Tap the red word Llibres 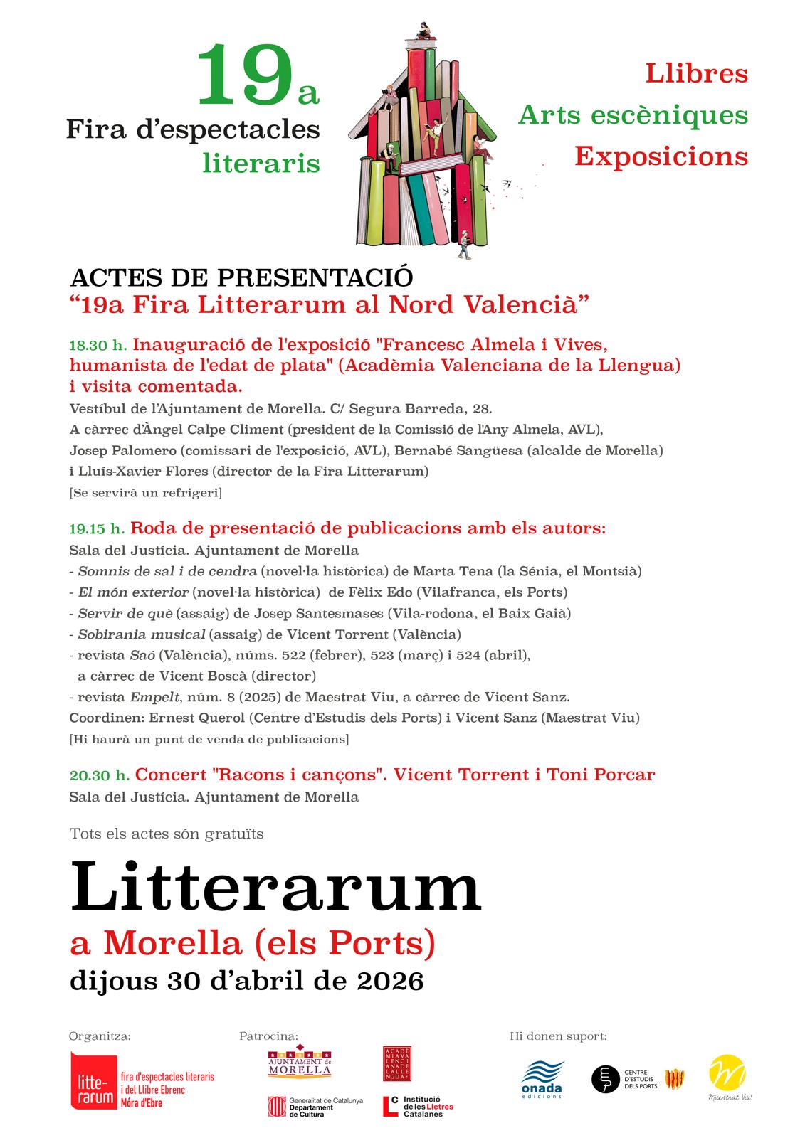[x=696, y=73]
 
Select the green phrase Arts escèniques [x=633, y=115]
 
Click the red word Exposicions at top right [x=661, y=156]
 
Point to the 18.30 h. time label [x=98, y=346]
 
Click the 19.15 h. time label [x=98, y=529]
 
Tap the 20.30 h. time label [x=100, y=775]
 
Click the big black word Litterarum [x=275, y=886]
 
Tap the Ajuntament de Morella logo [x=300, y=1062]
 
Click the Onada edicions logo [x=542, y=1079]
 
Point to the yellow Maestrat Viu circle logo [x=727, y=1075]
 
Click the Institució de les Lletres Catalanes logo [x=418, y=1106]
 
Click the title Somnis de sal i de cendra [x=167, y=571]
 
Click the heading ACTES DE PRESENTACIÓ [x=241, y=277]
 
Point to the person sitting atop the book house [x=422, y=31]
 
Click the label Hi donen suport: [x=558, y=1036]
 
